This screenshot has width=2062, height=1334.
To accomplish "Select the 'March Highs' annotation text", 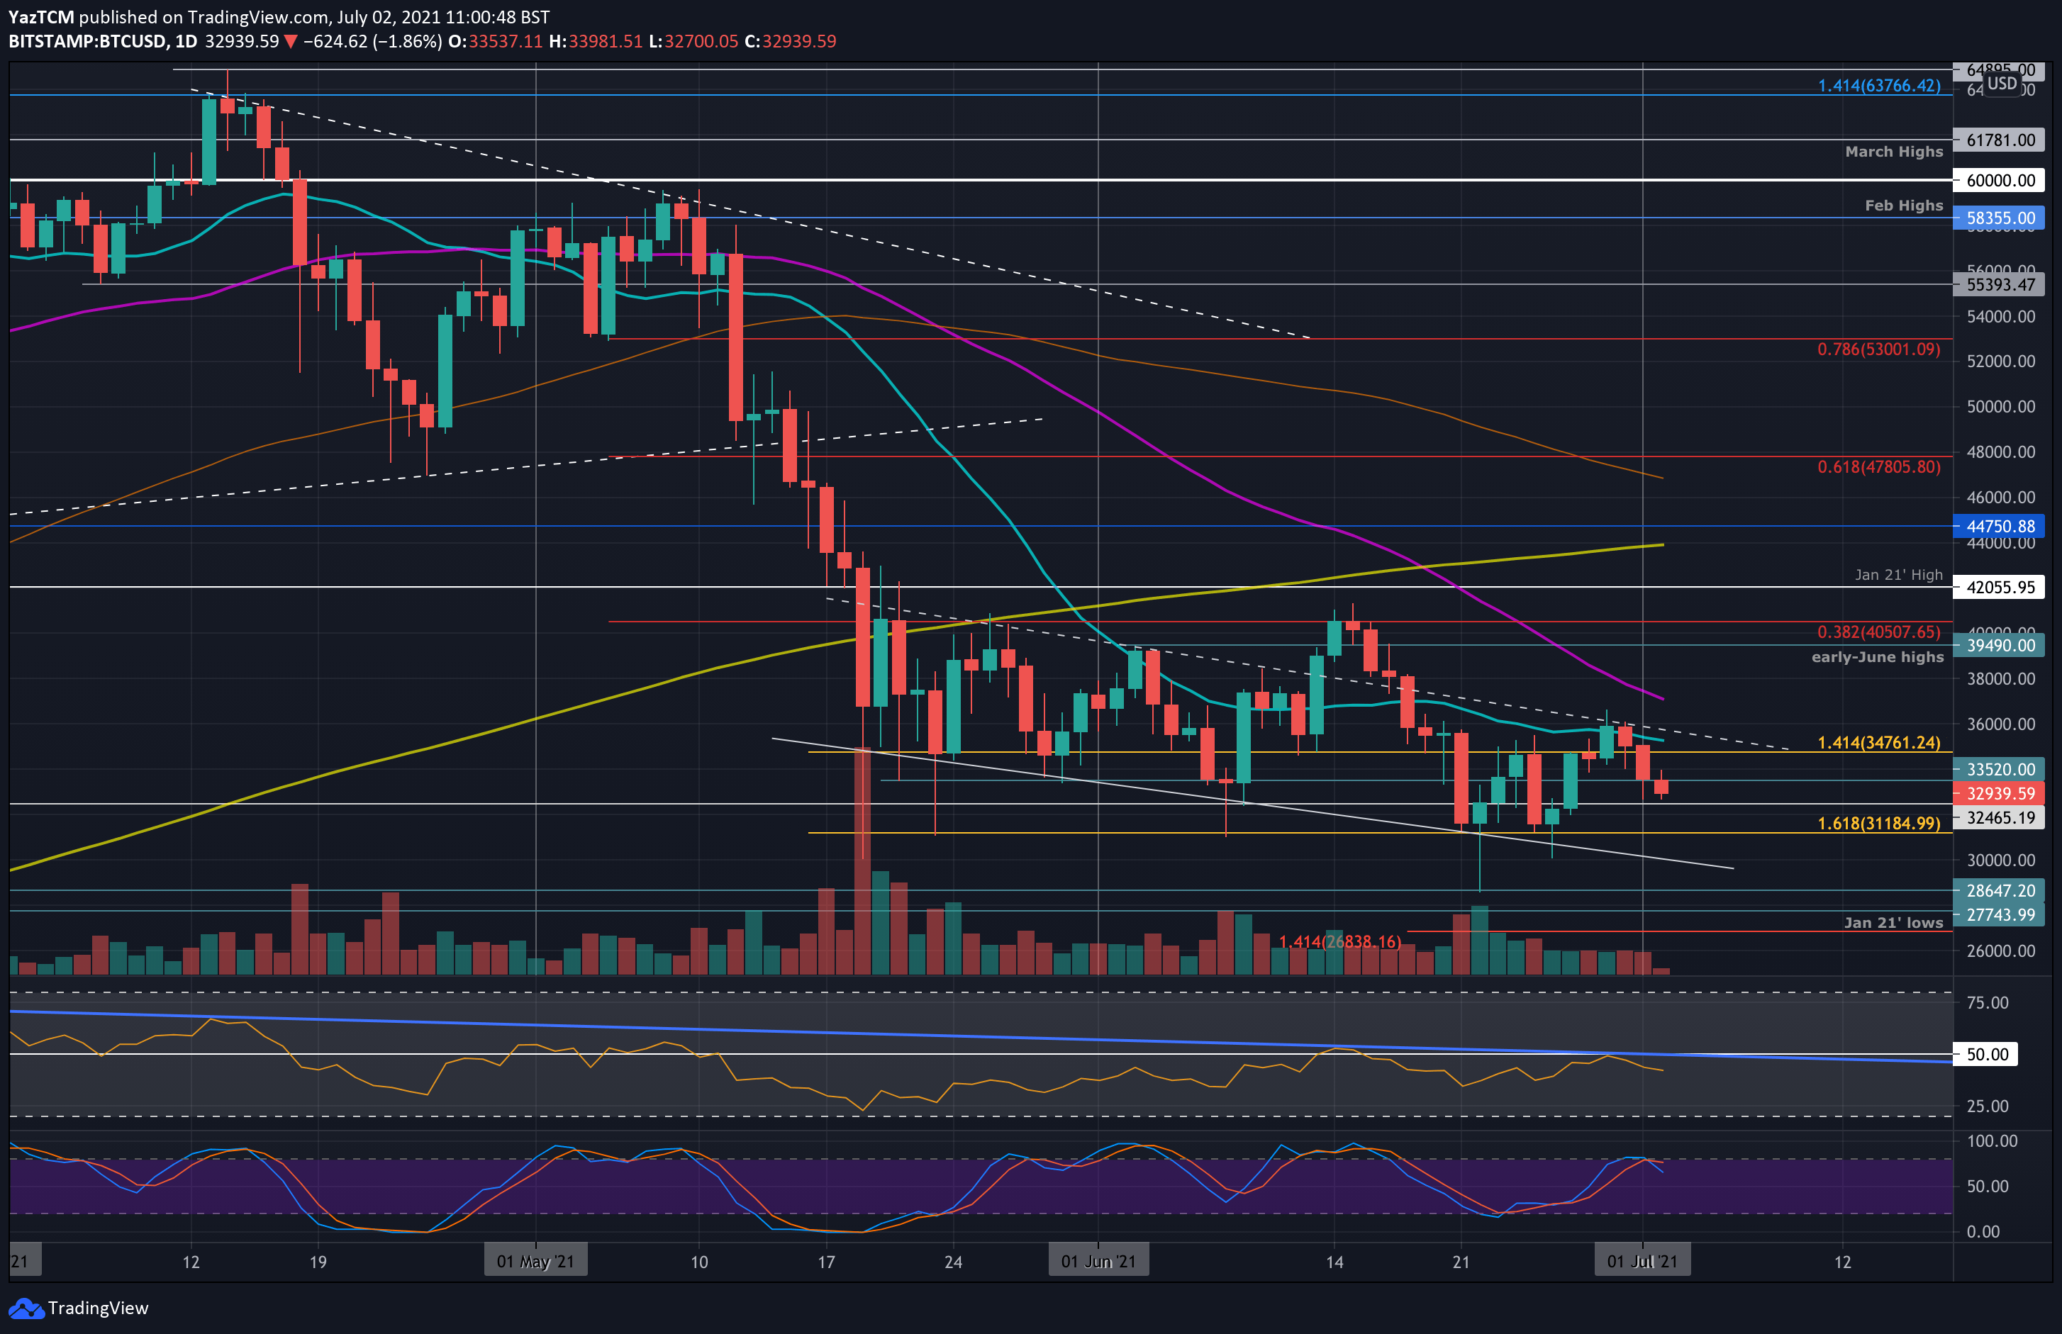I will (1893, 152).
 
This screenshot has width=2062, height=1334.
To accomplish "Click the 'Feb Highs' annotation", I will (1902, 206).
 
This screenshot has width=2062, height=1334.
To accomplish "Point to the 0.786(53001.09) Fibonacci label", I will (1878, 349).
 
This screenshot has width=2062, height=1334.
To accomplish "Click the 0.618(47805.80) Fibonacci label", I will (1878, 467).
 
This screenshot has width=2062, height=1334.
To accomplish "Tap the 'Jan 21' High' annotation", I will (1898, 575).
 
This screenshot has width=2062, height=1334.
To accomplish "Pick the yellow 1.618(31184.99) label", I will (1878, 823).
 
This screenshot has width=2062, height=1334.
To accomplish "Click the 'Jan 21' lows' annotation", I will (1893, 923).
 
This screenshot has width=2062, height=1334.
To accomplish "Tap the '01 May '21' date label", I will (535, 1261).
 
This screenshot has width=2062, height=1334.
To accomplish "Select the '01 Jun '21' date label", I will (1098, 1261).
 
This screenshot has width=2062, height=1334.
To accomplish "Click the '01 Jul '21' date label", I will (1641, 1261).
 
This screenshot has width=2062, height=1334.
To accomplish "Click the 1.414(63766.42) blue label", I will (1878, 86).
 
